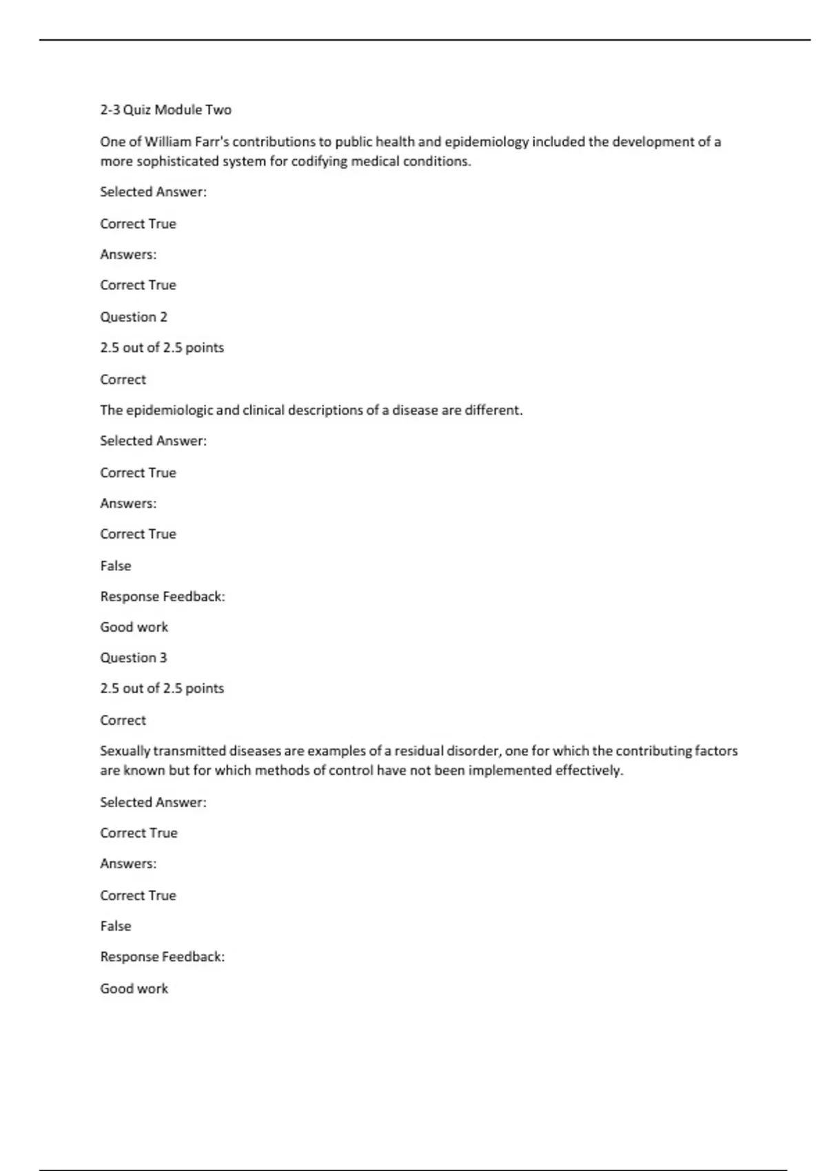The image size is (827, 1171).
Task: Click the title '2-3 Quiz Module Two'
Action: point(165,110)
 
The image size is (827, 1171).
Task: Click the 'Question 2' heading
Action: point(134,317)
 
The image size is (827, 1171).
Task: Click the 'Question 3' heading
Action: point(134,658)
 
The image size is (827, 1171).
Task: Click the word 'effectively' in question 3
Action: point(589,771)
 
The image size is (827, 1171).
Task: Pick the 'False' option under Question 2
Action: point(116,566)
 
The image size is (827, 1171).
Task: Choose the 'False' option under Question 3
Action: point(116,926)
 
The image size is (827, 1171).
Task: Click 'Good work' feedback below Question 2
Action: point(134,628)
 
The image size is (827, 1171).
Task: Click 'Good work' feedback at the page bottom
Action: point(134,989)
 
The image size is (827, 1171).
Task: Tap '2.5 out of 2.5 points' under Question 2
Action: point(162,348)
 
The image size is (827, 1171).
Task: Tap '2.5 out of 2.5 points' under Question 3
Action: point(162,689)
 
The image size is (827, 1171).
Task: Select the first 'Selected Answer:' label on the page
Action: point(153,192)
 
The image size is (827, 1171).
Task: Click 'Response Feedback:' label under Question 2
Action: point(163,597)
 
